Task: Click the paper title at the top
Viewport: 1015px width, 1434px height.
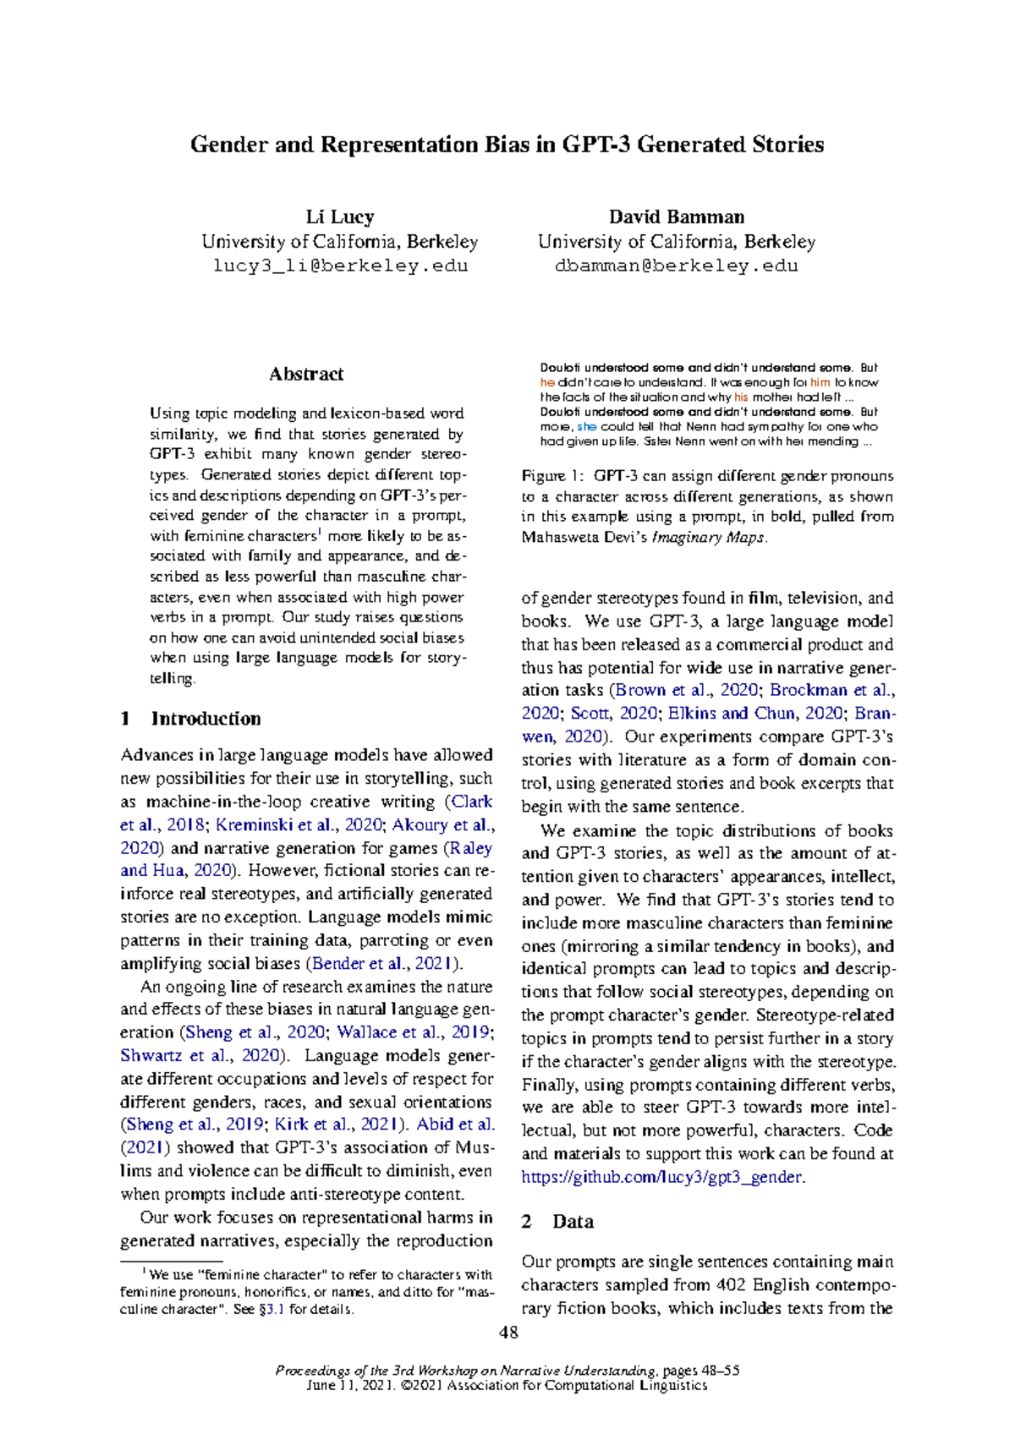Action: (x=507, y=145)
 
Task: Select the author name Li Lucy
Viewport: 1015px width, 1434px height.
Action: (x=340, y=217)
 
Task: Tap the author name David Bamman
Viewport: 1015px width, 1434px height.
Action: (x=676, y=217)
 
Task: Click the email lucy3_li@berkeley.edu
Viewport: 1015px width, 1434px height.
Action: (x=340, y=265)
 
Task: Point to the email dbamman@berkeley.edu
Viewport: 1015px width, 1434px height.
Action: (x=676, y=265)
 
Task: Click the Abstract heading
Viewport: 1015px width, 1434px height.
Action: (x=306, y=374)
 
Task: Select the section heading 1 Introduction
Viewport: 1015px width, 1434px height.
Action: (x=190, y=719)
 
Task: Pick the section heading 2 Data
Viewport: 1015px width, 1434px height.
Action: (x=557, y=1222)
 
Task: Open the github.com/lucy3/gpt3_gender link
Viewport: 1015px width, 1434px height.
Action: (x=662, y=1177)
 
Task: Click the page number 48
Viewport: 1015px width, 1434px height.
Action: (x=508, y=1333)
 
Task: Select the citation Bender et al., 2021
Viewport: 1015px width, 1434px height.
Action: (x=385, y=964)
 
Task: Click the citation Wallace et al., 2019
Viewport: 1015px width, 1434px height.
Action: (x=412, y=1032)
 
